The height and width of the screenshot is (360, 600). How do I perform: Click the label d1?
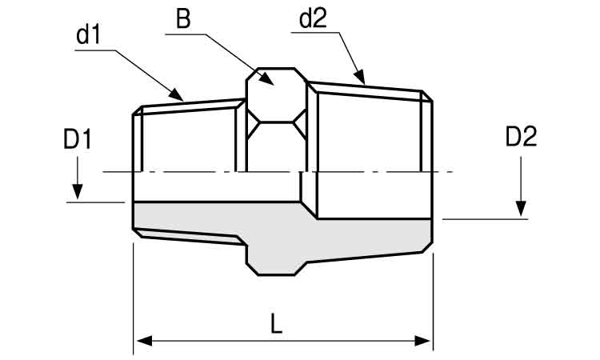[x=88, y=35]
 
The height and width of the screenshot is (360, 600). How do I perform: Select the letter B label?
[x=183, y=19]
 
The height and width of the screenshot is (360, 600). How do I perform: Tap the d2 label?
[x=313, y=18]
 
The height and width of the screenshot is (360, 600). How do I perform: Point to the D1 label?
[x=78, y=139]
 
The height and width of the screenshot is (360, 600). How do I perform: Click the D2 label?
[x=521, y=137]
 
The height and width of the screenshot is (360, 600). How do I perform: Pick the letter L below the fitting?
[x=276, y=324]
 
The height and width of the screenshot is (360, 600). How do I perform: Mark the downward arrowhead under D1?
[x=78, y=192]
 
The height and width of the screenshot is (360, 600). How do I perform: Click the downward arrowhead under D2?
[x=521, y=209]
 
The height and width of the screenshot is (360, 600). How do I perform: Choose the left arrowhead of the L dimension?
[x=145, y=341]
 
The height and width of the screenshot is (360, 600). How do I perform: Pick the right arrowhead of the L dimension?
[x=422, y=341]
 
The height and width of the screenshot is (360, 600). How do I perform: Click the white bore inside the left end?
[x=217, y=186]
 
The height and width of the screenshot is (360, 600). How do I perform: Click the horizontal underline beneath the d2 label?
[x=315, y=33]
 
